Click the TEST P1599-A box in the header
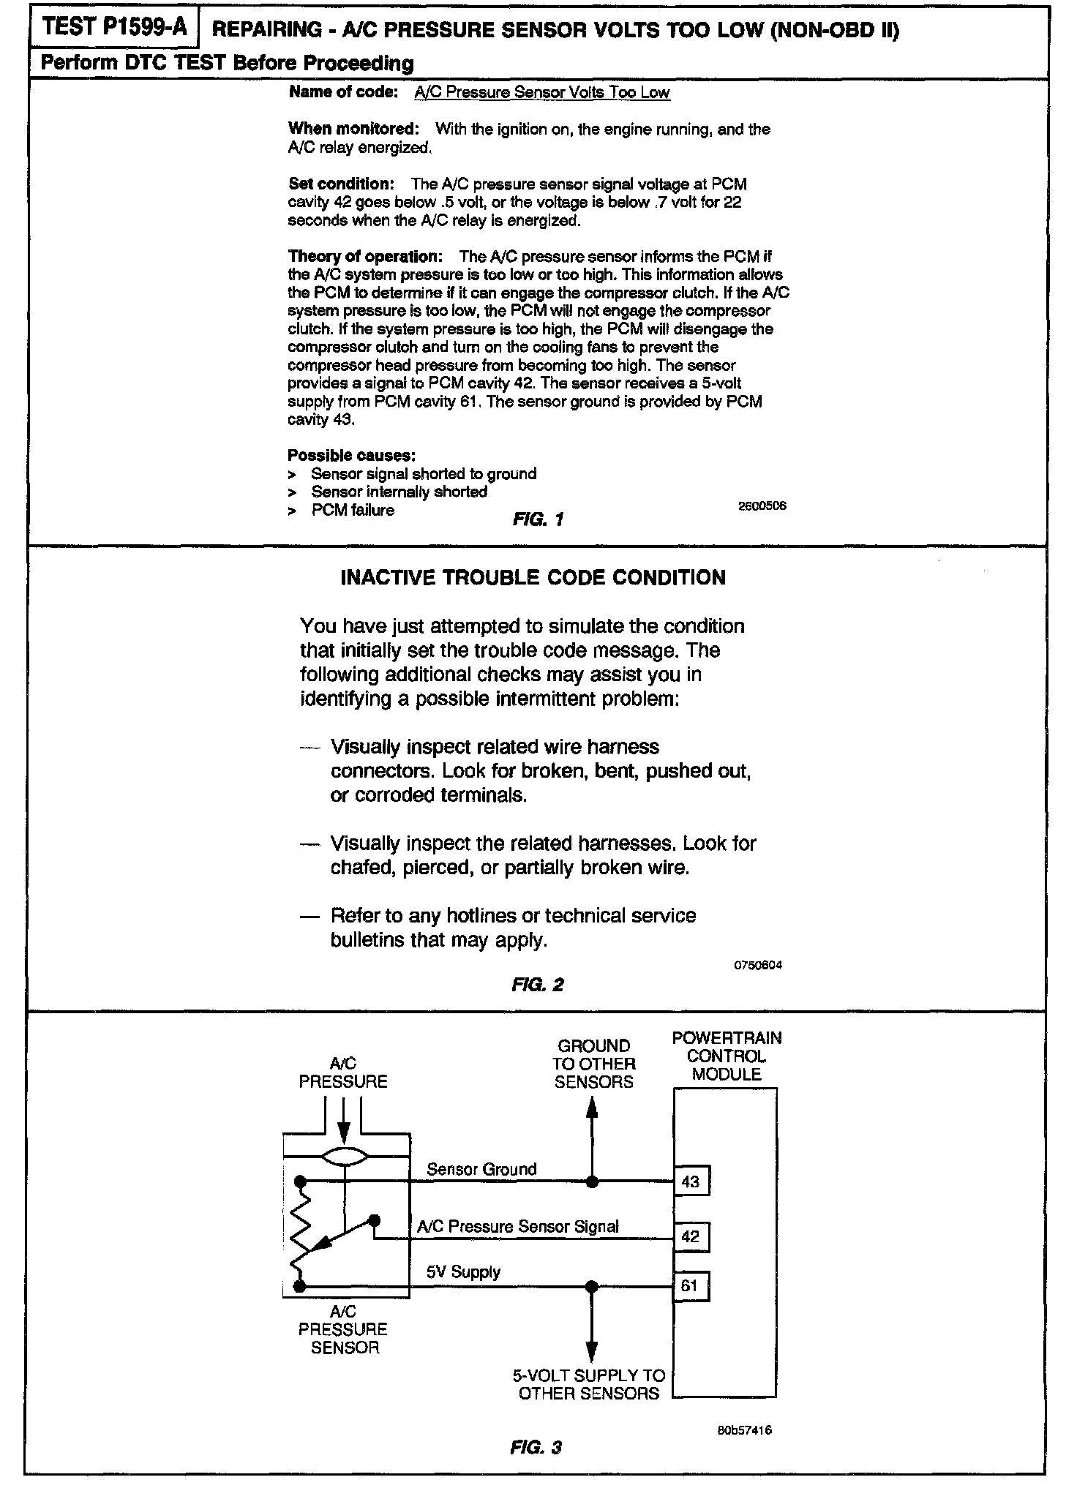[114, 28]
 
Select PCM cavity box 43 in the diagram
[691, 1181]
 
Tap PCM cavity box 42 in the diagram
[691, 1237]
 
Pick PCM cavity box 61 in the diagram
[691, 1285]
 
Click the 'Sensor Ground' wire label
[481, 1169]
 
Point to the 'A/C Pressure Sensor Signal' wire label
[517, 1226]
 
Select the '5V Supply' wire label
[463, 1271]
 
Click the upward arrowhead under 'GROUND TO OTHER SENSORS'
[593, 1109]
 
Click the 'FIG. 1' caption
[538, 520]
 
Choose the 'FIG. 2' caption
[538, 984]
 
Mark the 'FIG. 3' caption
[536, 1446]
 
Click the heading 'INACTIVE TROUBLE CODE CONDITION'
[533, 578]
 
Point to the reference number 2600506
[762, 506]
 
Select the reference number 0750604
[758, 965]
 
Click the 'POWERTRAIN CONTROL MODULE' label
[727, 1056]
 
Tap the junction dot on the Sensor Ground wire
[593, 1181]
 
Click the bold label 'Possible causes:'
[352, 456]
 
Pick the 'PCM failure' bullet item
[353, 510]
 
